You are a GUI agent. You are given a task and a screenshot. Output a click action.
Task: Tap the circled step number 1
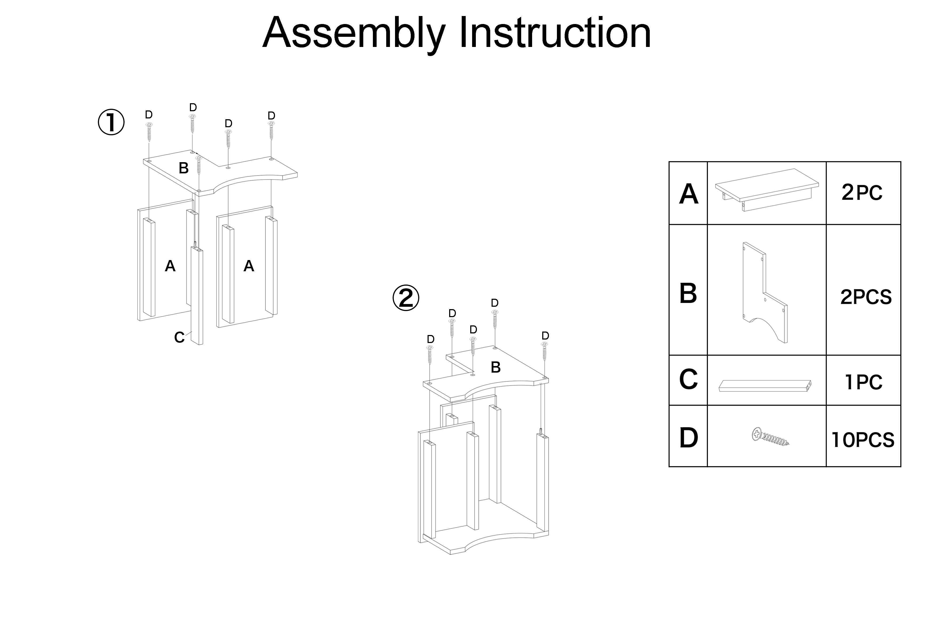click(x=111, y=122)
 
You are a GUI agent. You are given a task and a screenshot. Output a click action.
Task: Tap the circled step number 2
click(x=406, y=298)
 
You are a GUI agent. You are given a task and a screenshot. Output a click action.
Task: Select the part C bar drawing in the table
click(x=765, y=386)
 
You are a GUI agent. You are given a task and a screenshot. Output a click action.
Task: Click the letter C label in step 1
click(x=179, y=337)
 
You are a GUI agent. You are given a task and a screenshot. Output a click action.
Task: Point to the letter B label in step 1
click(x=184, y=168)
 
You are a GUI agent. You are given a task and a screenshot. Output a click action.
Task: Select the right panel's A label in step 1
click(x=249, y=266)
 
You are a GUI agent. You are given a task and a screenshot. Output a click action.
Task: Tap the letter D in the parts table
click(x=688, y=438)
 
